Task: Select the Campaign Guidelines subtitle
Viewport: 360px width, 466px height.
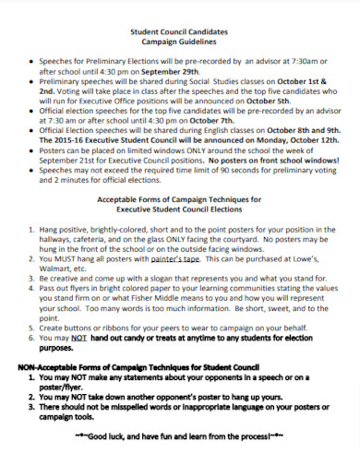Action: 180,42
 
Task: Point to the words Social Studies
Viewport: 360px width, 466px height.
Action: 213,80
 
